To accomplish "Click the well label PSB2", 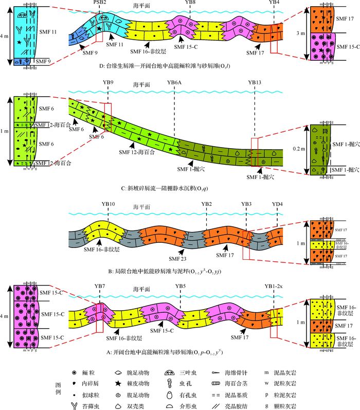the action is pyautogui.click(x=100, y=3).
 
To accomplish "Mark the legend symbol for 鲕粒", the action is pyautogui.click(x=75, y=371).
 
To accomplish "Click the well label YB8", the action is pyautogui.click(x=189, y=3).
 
